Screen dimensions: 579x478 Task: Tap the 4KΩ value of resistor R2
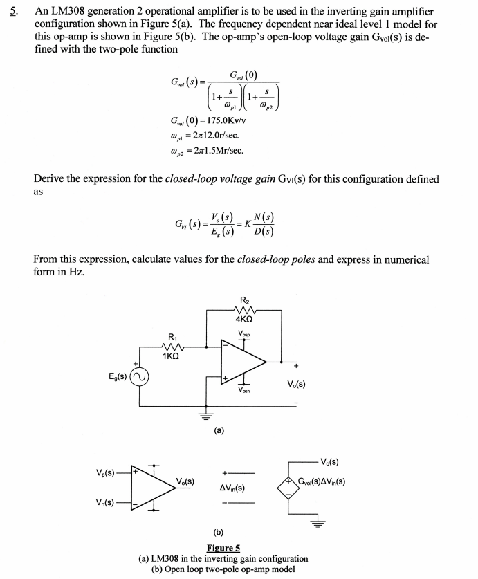pyautogui.click(x=243, y=320)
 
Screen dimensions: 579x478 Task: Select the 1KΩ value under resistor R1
pyautogui.click(x=172, y=356)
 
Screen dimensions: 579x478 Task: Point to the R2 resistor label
pyautogui.click(x=243, y=299)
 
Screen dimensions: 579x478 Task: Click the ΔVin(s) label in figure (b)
pyautogui.click(x=235, y=488)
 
